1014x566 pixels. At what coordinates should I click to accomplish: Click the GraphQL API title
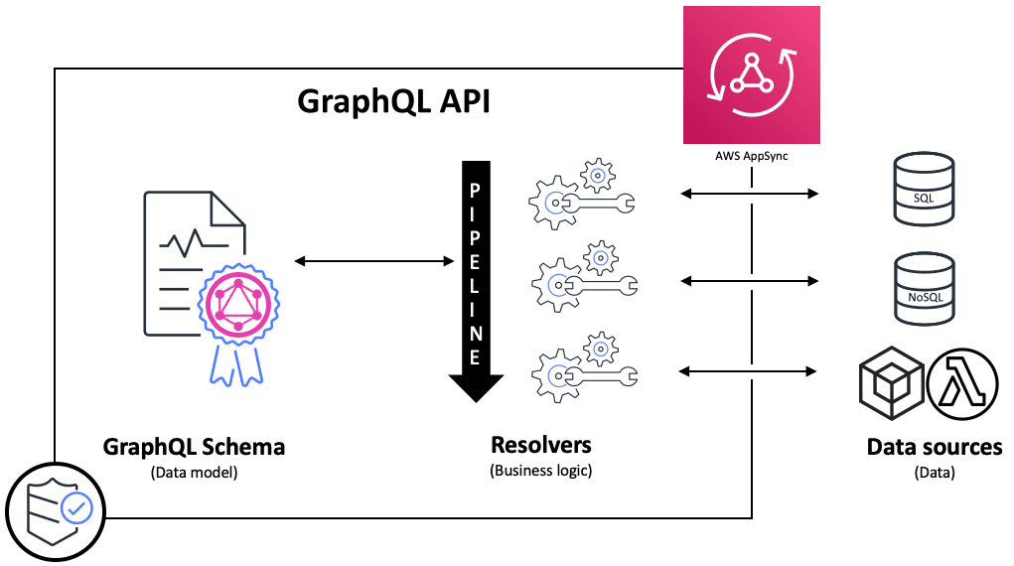(394, 103)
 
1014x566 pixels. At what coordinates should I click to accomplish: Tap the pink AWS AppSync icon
(751, 75)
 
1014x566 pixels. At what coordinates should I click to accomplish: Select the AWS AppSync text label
(751, 157)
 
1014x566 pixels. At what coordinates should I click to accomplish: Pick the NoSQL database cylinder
(924, 289)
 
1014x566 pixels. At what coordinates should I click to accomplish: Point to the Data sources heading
(934, 447)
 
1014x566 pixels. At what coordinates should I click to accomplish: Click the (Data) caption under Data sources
(934, 474)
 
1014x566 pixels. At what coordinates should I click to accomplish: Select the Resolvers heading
(540, 444)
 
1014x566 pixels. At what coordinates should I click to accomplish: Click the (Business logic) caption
(540, 470)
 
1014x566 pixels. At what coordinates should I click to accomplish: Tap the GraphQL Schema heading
(194, 447)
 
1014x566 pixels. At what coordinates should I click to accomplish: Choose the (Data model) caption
(194, 473)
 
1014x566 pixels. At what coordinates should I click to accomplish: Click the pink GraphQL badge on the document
(237, 301)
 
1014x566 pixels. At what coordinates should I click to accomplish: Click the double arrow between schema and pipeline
(373, 261)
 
